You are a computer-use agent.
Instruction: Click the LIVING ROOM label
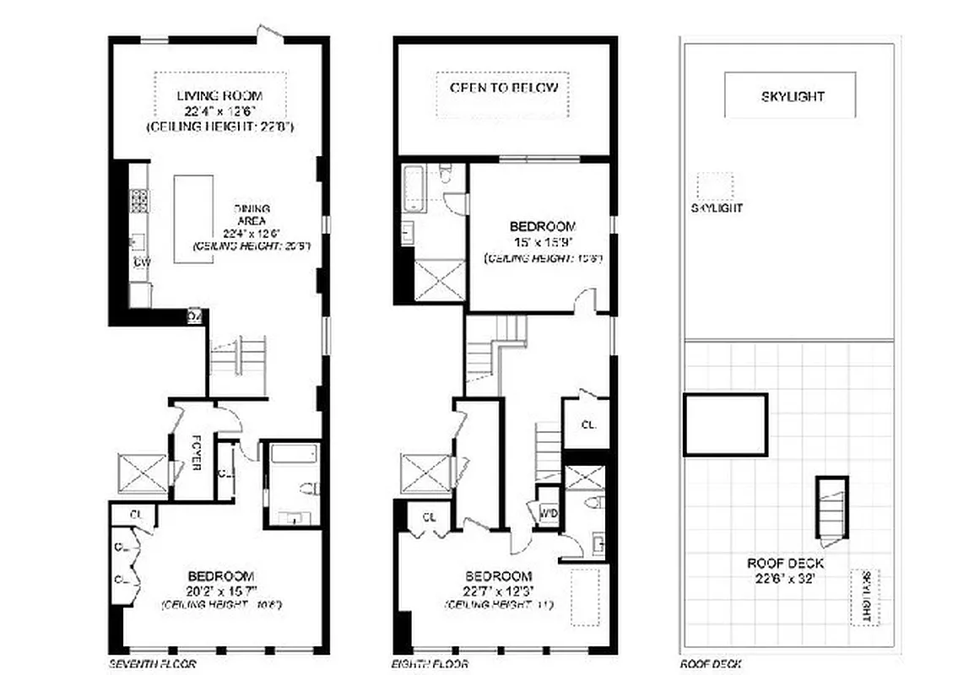click(219, 95)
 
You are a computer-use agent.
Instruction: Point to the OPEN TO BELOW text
click(503, 88)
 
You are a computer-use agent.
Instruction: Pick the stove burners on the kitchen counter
click(139, 200)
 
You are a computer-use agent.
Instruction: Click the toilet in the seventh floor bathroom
click(309, 489)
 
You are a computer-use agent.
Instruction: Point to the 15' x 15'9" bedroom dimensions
click(542, 241)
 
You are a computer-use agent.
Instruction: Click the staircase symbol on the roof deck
click(830, 507)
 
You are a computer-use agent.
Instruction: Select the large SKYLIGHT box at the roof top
click(789, 95)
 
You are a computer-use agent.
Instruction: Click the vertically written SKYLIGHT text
click(864, 597)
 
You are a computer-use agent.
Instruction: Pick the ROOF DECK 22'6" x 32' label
click(785, 570)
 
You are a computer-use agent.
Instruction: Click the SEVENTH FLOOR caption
click(153, 664)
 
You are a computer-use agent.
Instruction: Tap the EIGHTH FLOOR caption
click(430, 664)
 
